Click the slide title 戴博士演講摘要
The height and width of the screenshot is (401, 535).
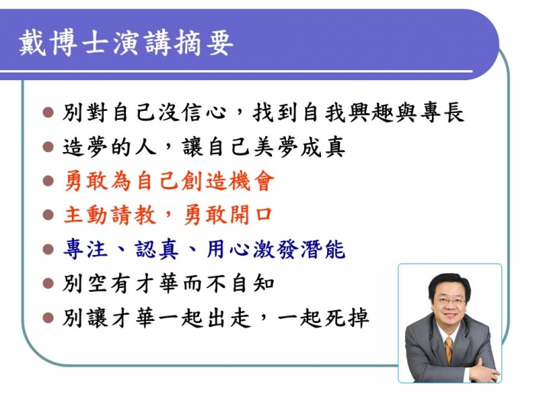[126, 44]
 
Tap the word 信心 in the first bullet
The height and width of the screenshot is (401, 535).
[204, 112]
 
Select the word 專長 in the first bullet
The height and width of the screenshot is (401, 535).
[443, 112]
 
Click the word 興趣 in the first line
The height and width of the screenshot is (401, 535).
[371, 112]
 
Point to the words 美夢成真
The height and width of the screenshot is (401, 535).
[300, 147]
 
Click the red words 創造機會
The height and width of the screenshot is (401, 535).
[228, 181]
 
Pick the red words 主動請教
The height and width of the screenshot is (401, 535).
[110, 215]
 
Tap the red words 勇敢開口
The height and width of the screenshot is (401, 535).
[228, 215]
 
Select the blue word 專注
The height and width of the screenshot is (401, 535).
[86, 249]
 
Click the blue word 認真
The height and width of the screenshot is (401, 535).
[156, 249]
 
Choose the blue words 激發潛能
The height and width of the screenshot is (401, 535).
[300, 249]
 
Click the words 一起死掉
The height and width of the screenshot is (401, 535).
[323, 318]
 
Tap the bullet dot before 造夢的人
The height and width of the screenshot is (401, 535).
[48, 147]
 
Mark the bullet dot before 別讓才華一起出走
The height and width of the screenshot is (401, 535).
[48, 318]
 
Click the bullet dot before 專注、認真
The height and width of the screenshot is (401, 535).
[48, 249]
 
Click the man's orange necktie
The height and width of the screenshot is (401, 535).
[449, 350]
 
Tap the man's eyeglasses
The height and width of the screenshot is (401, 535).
[450, 301]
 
